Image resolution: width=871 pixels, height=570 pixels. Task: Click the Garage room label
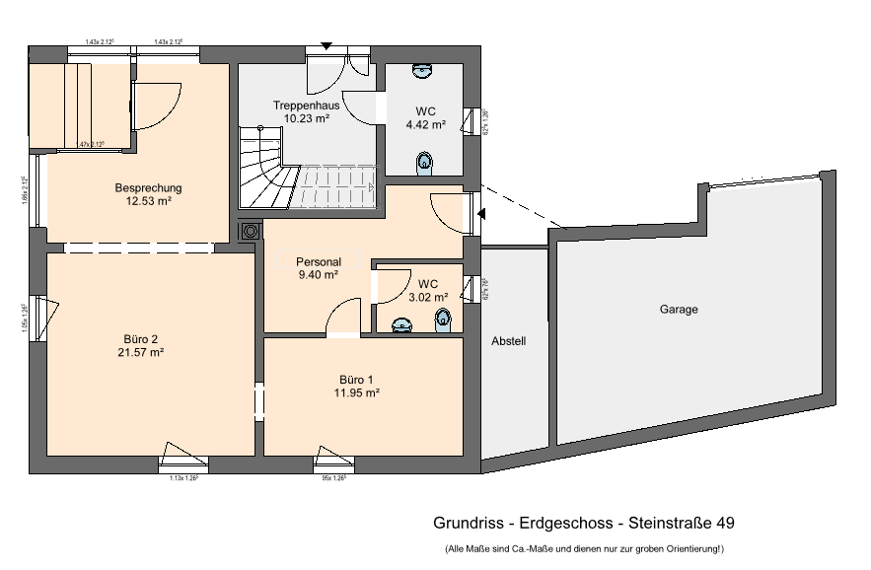[679, 310]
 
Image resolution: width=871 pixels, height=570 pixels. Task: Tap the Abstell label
[509, 342]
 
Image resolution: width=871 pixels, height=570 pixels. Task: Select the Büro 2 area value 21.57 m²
[140, 352]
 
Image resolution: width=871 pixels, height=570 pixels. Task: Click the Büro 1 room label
[357, 379]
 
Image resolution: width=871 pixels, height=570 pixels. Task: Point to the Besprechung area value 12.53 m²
[148, 201]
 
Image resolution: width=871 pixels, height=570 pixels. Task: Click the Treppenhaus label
[306, 105]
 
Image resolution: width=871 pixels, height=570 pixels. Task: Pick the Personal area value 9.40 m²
[318, 275]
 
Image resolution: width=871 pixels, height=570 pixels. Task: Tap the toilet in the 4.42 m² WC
[425, 162]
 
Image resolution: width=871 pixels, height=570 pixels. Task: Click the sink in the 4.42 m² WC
[423, 70]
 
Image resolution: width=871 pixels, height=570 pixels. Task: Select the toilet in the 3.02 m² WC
[443, 318]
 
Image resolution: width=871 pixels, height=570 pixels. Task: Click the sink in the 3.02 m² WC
[401, 324]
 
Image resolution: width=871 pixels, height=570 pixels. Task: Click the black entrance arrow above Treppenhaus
[327, 45]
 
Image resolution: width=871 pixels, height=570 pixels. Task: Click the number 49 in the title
[723, 523]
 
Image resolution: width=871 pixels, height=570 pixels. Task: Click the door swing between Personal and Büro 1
[343, 318]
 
